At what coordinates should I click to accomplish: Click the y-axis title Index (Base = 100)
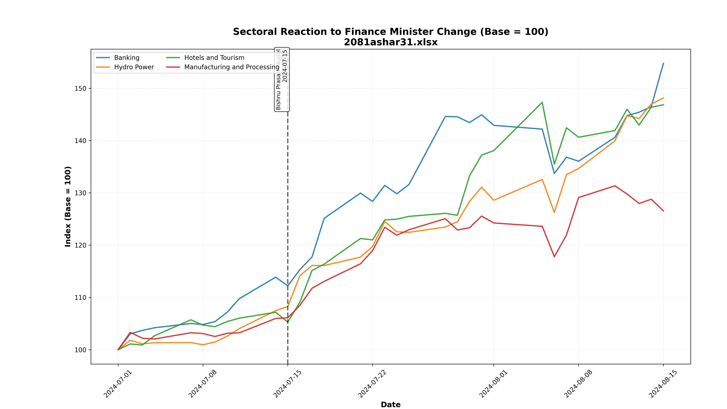pyautogui.click(x=68, y=207)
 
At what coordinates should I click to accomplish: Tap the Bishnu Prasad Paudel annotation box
pyautogui.click(x=282, y=80)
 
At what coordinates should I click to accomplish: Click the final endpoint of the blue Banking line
pyautogui.click(x=663, y=63)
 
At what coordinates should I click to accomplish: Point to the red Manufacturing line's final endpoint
pyautogui.click(x=663, y=211)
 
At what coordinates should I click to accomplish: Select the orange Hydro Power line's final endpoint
pyautogui.click(x=663, y=98)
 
